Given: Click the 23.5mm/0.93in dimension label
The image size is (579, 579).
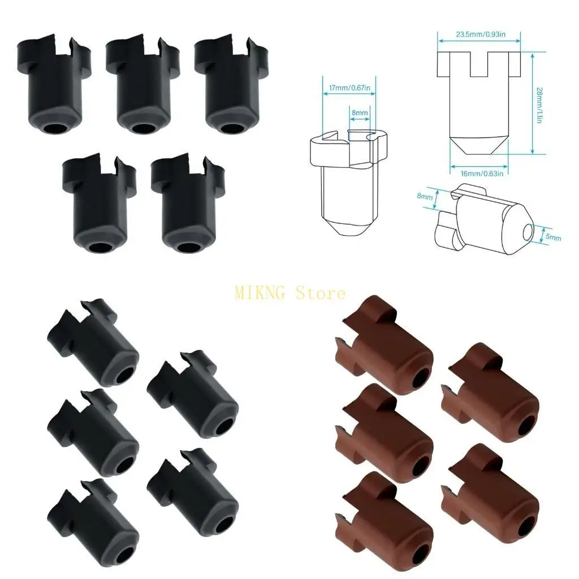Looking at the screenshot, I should pyautogui.click(x=480, y=35).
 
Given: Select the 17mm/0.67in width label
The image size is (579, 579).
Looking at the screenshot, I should pyautogui.click(x=349, y=88).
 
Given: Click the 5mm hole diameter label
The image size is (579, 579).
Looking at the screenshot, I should pyautogui.click(x=553, y=237).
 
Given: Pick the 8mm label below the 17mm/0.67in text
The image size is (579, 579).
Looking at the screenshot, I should pyautogui.click(x=360, y=113).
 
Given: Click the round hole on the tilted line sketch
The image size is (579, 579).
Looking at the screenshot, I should pyautogui.click(x=528, y=232).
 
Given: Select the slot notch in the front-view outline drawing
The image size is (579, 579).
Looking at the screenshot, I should pyautogui.click(x=479, y=65).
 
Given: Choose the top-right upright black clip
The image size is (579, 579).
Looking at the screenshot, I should pyautogui.click(x=229, y=85).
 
